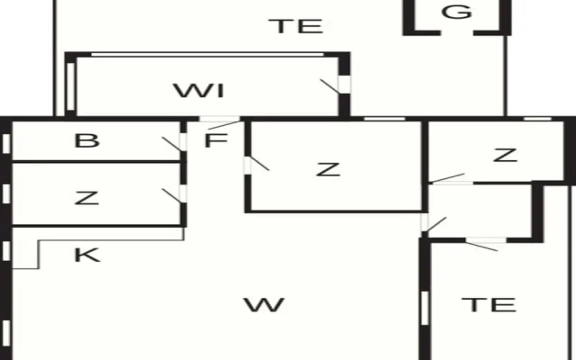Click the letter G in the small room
(x=456, y=12)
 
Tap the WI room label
(x=199, y=91)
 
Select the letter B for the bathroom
(x=86, y=140)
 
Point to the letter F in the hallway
(x=216, y=140)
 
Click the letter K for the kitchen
(x=87, y=255)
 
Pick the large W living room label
(x=265, y=305)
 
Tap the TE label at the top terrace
(x=296, y=26)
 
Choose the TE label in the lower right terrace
(x=489, y=304)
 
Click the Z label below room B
(x=86, y=198)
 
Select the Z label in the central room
(x=328, y=169)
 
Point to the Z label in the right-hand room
(x=506, y=155)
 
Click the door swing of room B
(x=172, y=144)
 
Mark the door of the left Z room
(x=172, y=196)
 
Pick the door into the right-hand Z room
(x=448, y=178)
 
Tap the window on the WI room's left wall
(x=71, y=86)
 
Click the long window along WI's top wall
(x=207, y=55)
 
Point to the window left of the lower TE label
(x=425, y=308)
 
